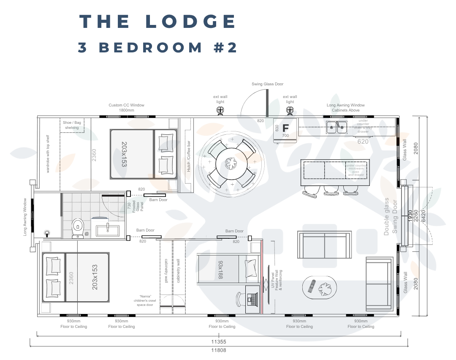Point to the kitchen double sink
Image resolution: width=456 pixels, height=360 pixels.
tap(336, 126)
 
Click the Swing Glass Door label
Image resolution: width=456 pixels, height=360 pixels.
tap(267, 84)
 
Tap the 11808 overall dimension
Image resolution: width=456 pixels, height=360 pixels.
tap(219, 350)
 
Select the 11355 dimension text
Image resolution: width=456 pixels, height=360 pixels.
tap(219, 342)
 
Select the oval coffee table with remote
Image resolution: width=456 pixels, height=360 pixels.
tap(320, 288)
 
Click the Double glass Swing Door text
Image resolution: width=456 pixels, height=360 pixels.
tap(391, 216)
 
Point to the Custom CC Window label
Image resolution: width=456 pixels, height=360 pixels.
tap(126, 107)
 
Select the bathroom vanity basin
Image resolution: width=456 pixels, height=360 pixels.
tap(107, 230)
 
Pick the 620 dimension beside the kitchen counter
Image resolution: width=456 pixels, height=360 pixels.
tap(363, 142)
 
